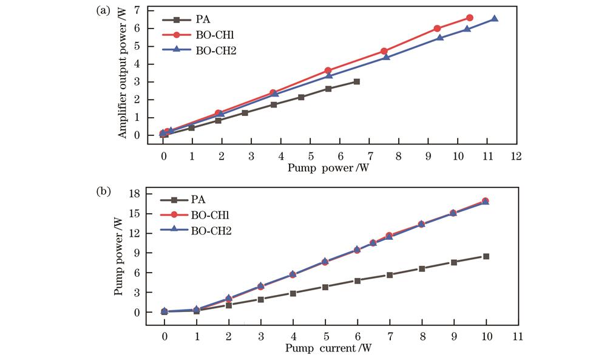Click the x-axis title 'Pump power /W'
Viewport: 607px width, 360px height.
coord(328,168)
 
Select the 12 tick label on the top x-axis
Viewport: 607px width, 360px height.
coord(516,155)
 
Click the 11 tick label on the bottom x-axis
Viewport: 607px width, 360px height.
coord(517,336)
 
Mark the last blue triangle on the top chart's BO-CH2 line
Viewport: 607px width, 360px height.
coord(494,19)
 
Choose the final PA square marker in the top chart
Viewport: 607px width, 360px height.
coord(356,81)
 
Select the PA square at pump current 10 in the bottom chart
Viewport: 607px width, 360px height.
coord(486,256)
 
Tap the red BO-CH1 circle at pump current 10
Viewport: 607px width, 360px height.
coord(486,201)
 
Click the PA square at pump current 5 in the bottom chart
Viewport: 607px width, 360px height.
coord(325,287)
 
